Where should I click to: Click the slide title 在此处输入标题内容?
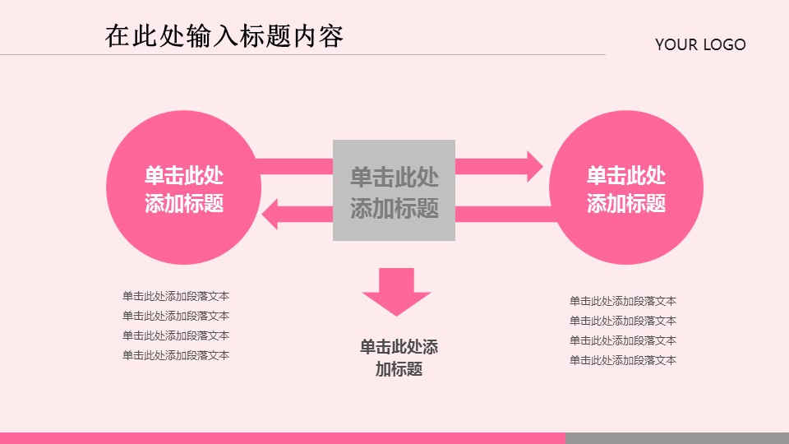pyautogui.click(x=224, y=37)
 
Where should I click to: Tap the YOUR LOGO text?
pyautogui.click(x=700, y=45)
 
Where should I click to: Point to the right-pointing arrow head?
pyautogui.click(x=533, y=166)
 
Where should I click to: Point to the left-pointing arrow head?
pyautogui.click(x=271, y=215)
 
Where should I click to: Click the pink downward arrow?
pyautogui.click(x=396, y=293)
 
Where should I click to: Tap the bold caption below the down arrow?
pyautogui.click(x=399, y=358)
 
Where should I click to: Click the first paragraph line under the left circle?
pyautogui.click(x=176, y=296)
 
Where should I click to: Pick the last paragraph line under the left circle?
pyautogui.click(x=176, y=355)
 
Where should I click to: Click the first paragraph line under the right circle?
pyautogui.click(x=623, y=301)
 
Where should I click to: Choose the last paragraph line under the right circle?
pyautogui.click(x=623, y=360)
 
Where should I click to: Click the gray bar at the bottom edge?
pyautogui.click(x=676, y=438)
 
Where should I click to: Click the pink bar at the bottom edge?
pyautogui.click(x=282, y=438)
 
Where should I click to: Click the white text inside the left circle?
pyautogui.click(x=184, y=190)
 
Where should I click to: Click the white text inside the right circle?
pyautogui.click(x=626, y=190)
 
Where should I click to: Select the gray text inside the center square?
pyautogui.click(x=394, y=192)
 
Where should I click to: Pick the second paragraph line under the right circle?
pyautogui.click(x=623, y=321)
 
